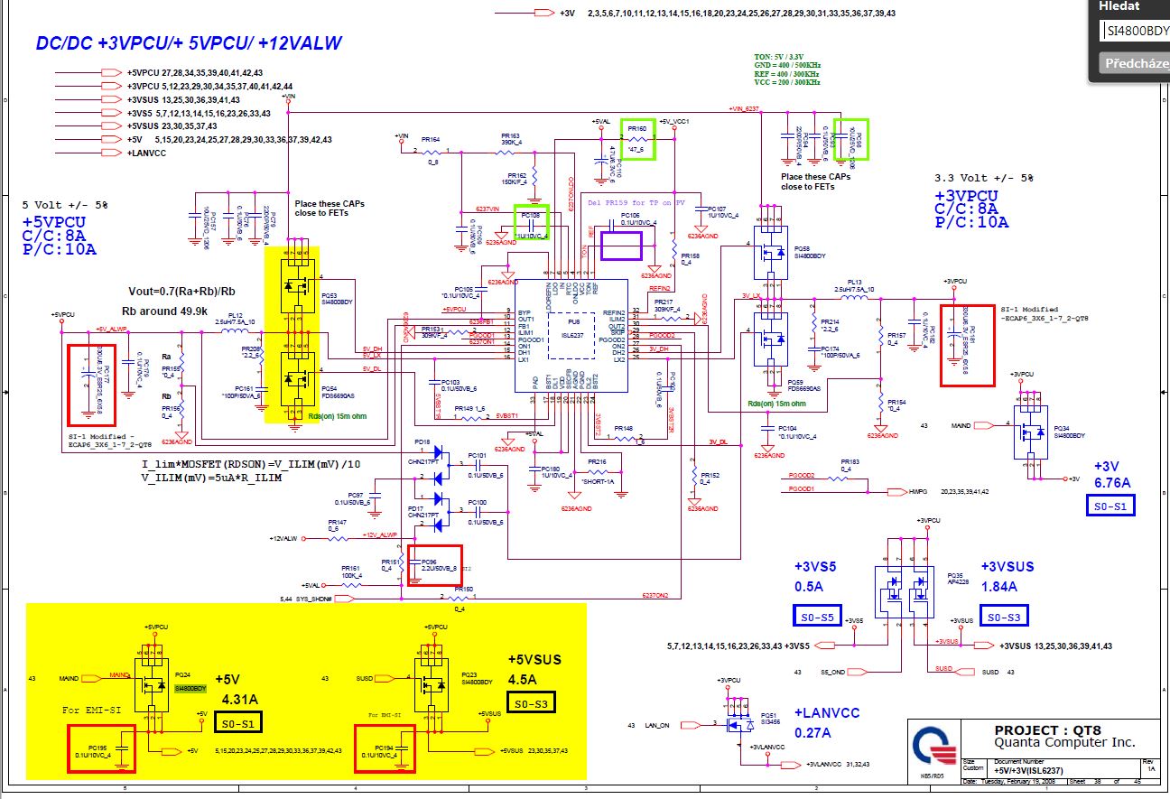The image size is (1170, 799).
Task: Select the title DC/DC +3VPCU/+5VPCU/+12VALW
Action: pos(189,43)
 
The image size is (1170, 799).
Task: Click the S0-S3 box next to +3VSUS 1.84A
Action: pos(1003,617)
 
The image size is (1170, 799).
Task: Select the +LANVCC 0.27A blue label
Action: pos(827,722)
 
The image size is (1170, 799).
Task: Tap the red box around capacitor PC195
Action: pos(102,748)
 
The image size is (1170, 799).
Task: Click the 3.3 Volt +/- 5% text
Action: pos(984,177)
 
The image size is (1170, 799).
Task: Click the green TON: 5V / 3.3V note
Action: pos(787,57)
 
